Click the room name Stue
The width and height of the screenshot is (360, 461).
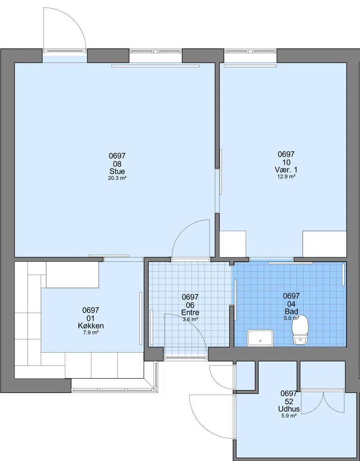point(117,171)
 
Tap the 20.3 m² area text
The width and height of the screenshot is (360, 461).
point(117,178)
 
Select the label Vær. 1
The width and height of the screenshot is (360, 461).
point(286,170)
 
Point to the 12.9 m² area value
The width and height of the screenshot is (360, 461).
point(286,177)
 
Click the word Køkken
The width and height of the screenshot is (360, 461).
point(90,326)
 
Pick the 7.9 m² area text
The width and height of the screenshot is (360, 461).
point(90,332)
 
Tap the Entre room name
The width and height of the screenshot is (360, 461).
point(190,313)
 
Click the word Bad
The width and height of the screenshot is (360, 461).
point(292,311)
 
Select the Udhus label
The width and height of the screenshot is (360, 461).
point(289,409)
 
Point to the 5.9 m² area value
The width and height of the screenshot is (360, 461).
point(289,416)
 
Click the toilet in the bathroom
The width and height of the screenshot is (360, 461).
point(300,329)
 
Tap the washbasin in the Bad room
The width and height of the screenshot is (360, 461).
point(260,338)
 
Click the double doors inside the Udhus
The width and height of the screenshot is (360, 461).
point(323,402)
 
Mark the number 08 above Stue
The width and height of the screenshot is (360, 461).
point(117,164)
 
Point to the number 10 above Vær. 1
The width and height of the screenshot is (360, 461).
point(286,162)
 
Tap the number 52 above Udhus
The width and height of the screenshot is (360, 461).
point(289,401)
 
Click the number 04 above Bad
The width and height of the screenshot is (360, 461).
point(292,304)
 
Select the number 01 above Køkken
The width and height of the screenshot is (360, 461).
point(90,318)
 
